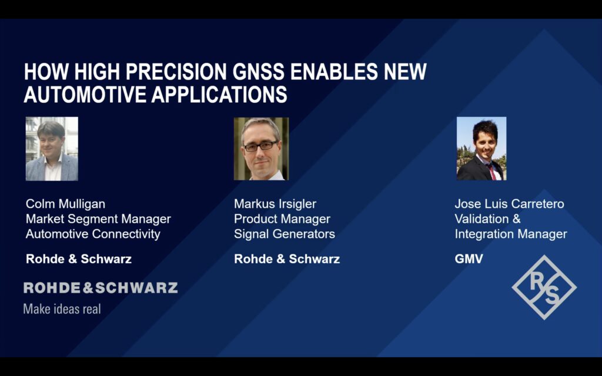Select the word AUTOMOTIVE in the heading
85,95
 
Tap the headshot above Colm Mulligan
52,149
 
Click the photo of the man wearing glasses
261,149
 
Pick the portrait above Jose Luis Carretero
481,149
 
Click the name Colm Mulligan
65,204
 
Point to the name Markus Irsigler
275,204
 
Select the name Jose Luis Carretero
510,204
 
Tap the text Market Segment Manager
98,219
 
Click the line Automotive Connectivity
93,234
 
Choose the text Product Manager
282,219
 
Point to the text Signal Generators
285,234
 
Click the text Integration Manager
511,234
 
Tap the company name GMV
469,259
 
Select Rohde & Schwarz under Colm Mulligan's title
79,259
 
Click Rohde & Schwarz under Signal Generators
287,259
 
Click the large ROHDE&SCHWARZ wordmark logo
101,288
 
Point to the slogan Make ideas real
62,309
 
